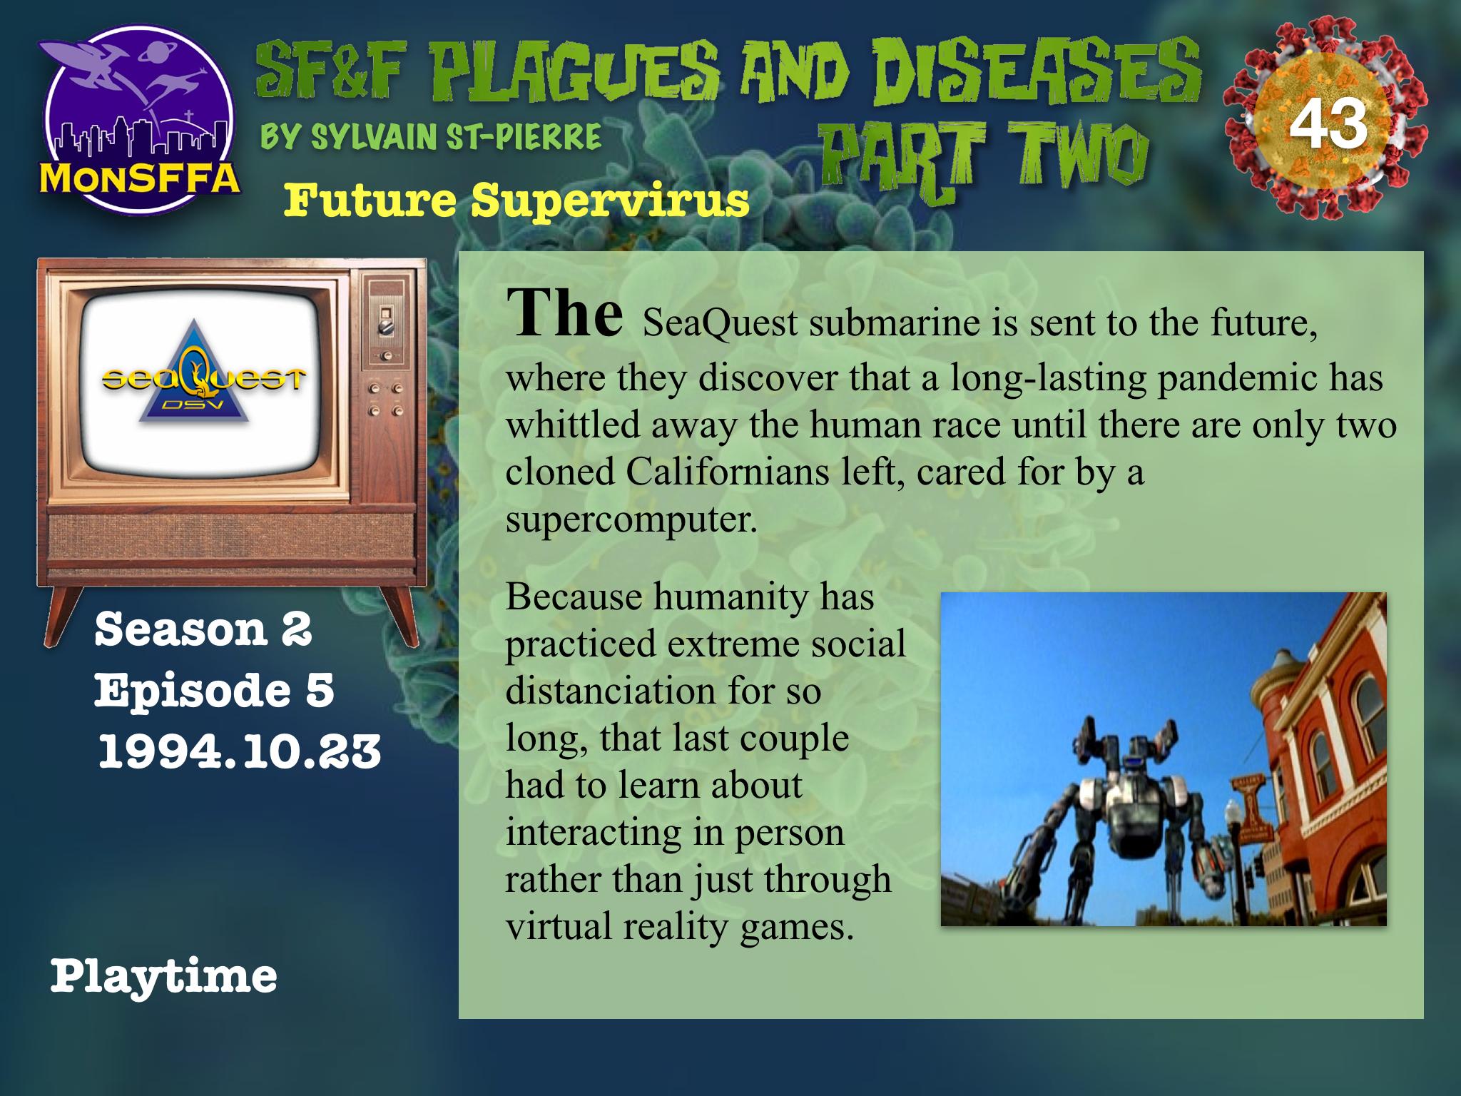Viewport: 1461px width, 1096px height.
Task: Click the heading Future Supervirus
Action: coord(516,201)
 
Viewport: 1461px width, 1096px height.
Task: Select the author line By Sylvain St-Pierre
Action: coord(431,136)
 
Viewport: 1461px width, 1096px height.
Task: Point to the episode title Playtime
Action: coord(163,977)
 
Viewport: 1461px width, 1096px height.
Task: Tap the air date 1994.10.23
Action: coord(239,752)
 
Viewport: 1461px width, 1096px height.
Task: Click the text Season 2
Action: coord(203,629)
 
